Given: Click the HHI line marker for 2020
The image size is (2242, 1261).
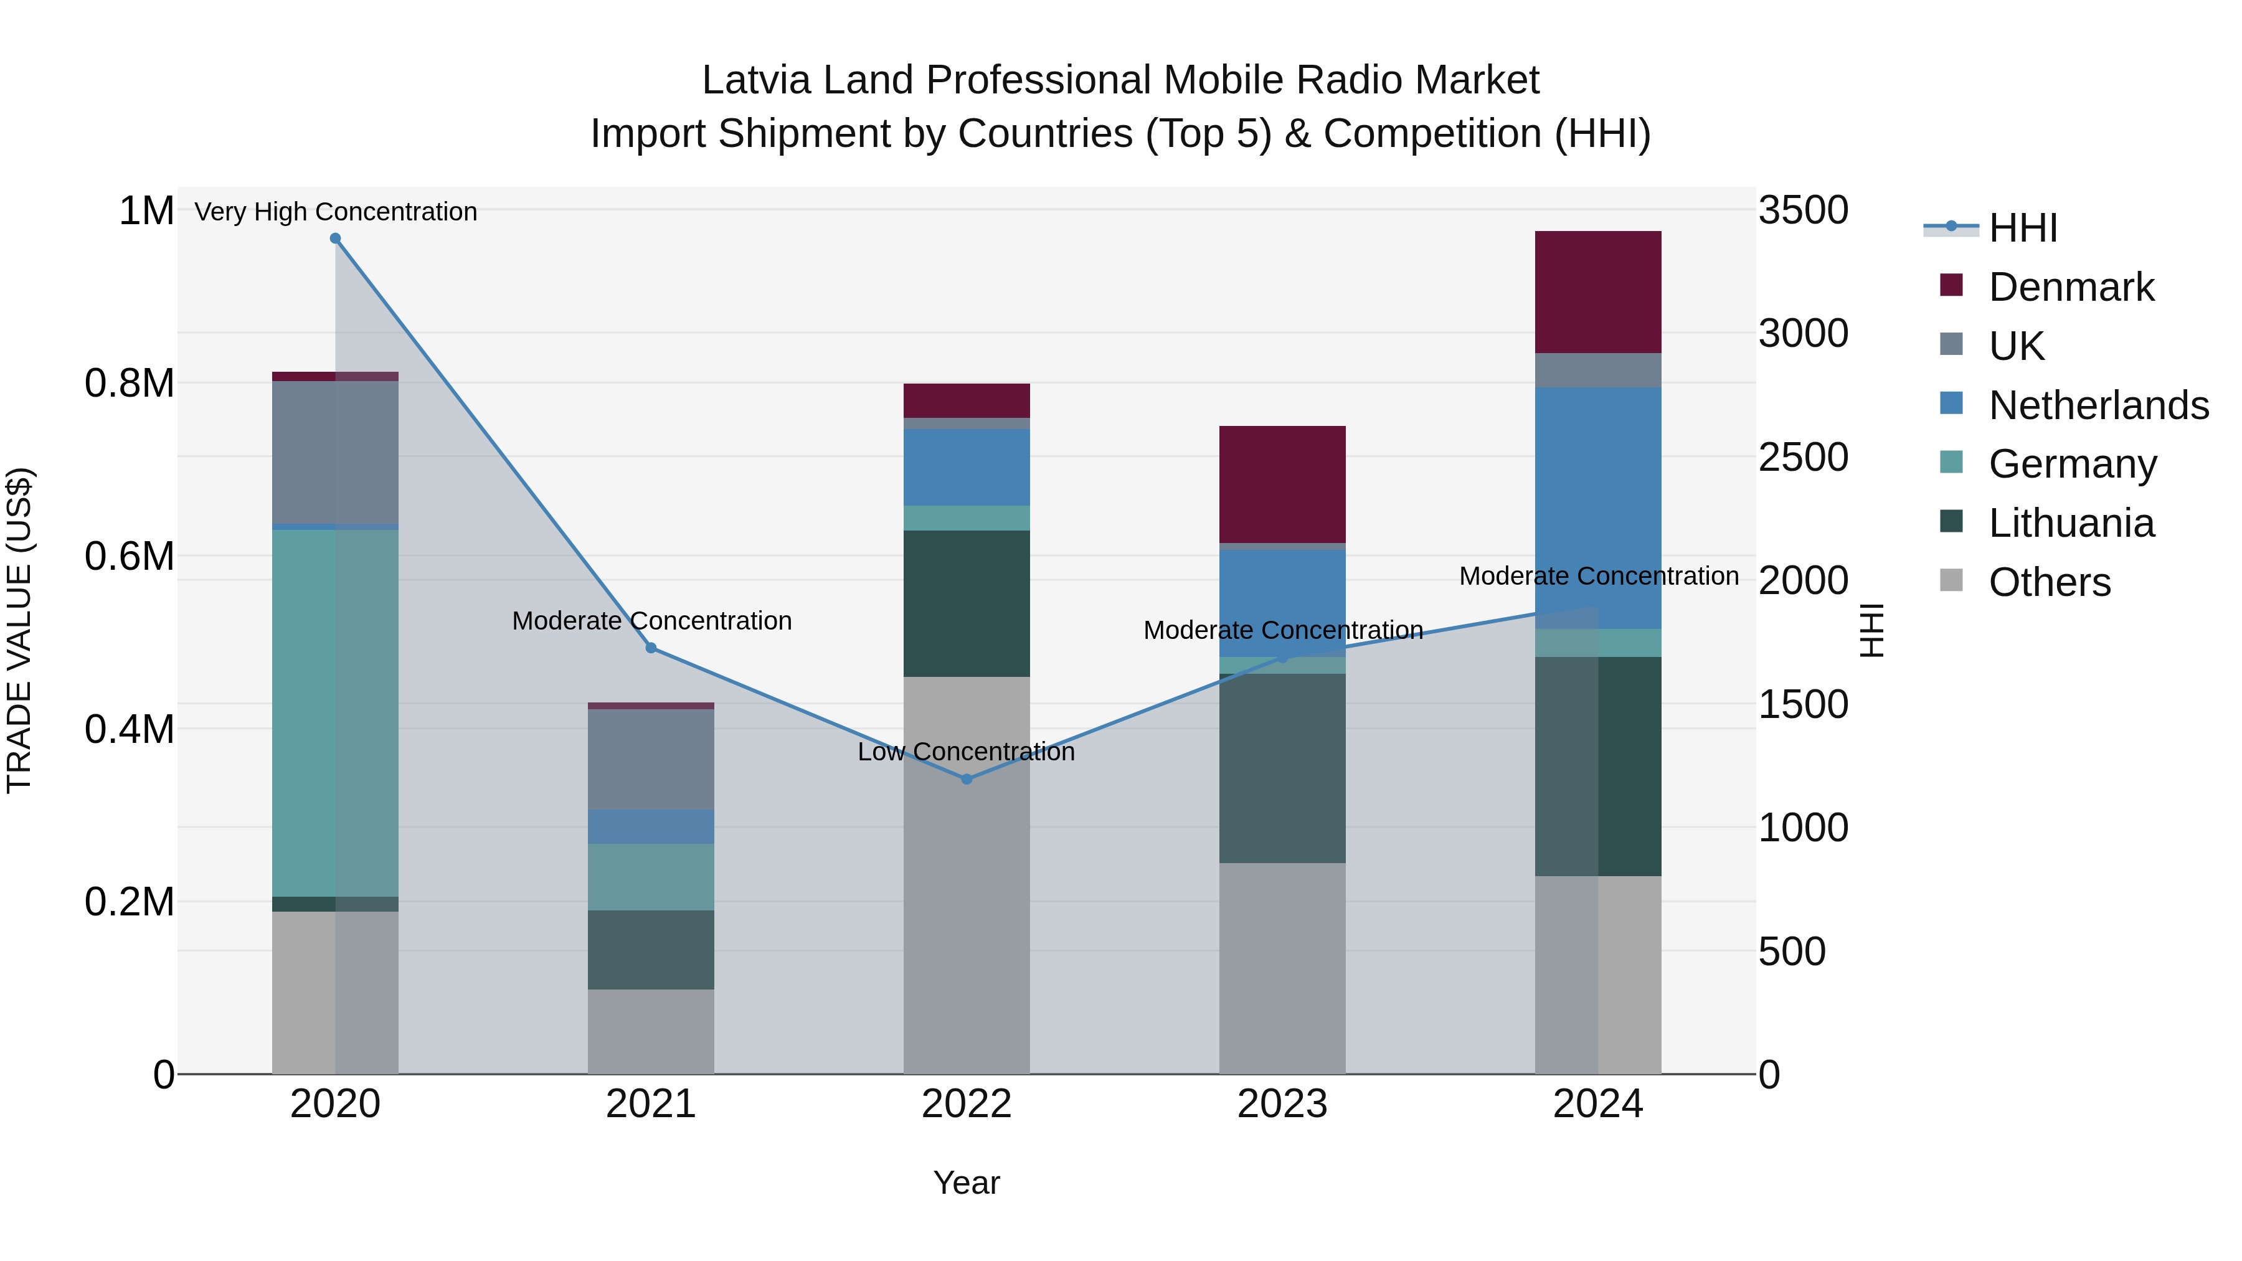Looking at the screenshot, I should pos(335,239).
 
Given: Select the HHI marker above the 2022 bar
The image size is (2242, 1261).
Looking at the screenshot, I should pos(966,779).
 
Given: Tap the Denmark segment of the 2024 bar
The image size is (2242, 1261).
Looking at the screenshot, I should pos(1598,291).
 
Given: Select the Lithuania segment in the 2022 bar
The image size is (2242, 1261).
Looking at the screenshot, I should pos(966,603).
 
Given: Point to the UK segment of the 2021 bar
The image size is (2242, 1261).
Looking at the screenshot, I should pos(651,759).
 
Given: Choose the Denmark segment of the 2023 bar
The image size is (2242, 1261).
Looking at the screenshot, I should pos(1282,484).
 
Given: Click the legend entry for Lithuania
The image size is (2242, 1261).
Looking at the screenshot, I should pos(2071,523).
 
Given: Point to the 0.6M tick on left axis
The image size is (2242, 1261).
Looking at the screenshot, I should pos(129,556).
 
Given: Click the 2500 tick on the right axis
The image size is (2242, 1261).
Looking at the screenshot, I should pos(1804,457).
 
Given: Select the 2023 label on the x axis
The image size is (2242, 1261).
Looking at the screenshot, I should pos(1282,1104).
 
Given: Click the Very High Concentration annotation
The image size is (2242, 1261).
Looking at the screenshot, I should pos(335,212).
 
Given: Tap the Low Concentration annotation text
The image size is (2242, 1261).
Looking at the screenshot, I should pos(966,751).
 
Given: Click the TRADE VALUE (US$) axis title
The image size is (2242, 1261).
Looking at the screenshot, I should pos(19,630).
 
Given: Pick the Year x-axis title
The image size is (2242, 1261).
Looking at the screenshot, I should pos(966,1183).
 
